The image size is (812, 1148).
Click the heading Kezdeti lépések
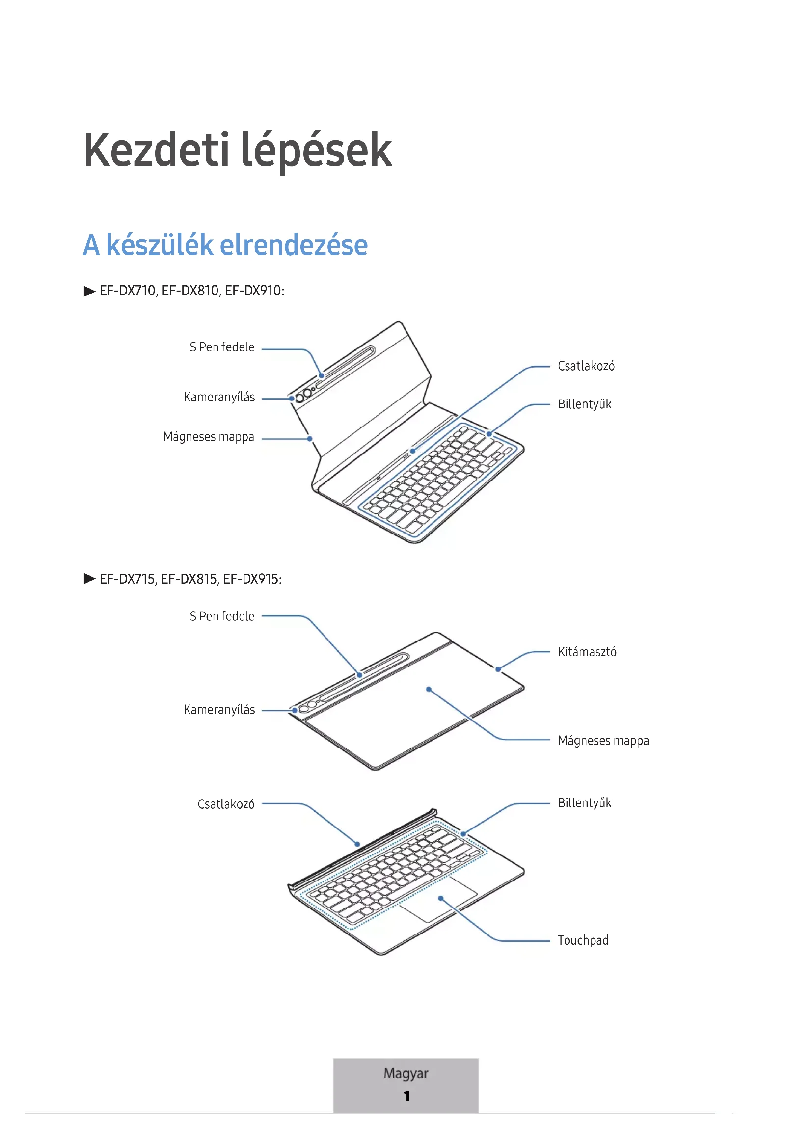pyautogui.click(x=238, y=151)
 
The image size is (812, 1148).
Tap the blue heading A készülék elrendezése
pyautogui.click(x=225, y=245)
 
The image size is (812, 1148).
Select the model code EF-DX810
pyautogui.click(x=190, y=291)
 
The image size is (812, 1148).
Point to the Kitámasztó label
pyautogui.click(x=587, y=652)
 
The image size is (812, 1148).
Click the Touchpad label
pyautogui.click(x=583, y=940)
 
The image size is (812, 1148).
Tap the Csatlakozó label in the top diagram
pyautogui.click(x=586, y=366)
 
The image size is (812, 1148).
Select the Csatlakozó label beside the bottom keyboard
pyautogui.click(x=226, y=804)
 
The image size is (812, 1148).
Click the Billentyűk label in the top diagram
pyautogui.click(x=585, y=404)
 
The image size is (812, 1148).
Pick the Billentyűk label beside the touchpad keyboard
pyautogui.click(x=585, y=803)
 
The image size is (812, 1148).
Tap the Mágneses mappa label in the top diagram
pyautogui.click(x=209, y=437)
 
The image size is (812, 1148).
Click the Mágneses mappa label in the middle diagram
pyautogui.click(x=603, y=741)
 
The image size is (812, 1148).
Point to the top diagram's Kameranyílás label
pyautogui.click(x=219, y=397)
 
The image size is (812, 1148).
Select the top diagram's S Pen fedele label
pyautogui.click(x=222, y=347)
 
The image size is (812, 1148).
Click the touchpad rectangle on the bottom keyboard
pyautogui.click(x=438, y=900)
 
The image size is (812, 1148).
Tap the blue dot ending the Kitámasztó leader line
pyautogui.click(x=498, y=669)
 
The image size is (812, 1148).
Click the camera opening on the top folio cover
pyautogui.click(x=299, y=398)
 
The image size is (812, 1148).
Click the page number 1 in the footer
pyautogui.click(x=406, y=1096)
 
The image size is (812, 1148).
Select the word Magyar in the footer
pyautogui.click(x=406, y=1073)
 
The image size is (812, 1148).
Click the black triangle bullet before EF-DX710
pyautogui.click(x=89, y=291)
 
